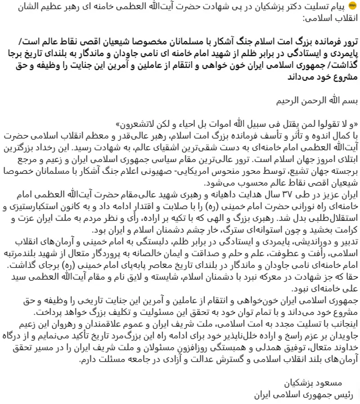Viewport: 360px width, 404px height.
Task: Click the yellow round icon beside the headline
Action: [x=351, y=5]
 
